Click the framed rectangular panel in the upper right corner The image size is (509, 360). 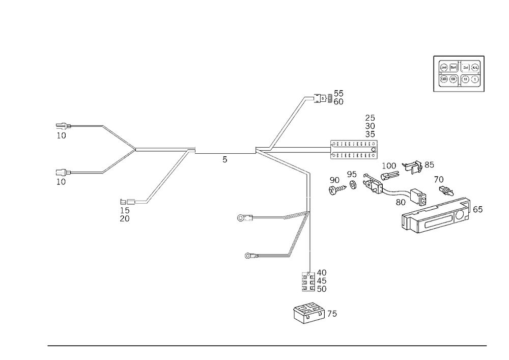[x=458, y=74]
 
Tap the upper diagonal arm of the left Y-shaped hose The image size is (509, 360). [x=118, y=136]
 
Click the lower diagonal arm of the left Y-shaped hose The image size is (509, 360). [x=117, y=163]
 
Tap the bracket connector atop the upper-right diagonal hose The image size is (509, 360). [x=312, y=99]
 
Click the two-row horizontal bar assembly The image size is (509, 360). [x=354, y=149]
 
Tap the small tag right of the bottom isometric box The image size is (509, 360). [x=333, y=313]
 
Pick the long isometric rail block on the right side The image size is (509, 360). [x=438, y=216]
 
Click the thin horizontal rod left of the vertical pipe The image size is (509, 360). [x=270, y=218]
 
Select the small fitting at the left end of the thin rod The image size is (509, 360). [x=243, y=218]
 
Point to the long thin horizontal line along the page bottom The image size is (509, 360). [x=267, y=345]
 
